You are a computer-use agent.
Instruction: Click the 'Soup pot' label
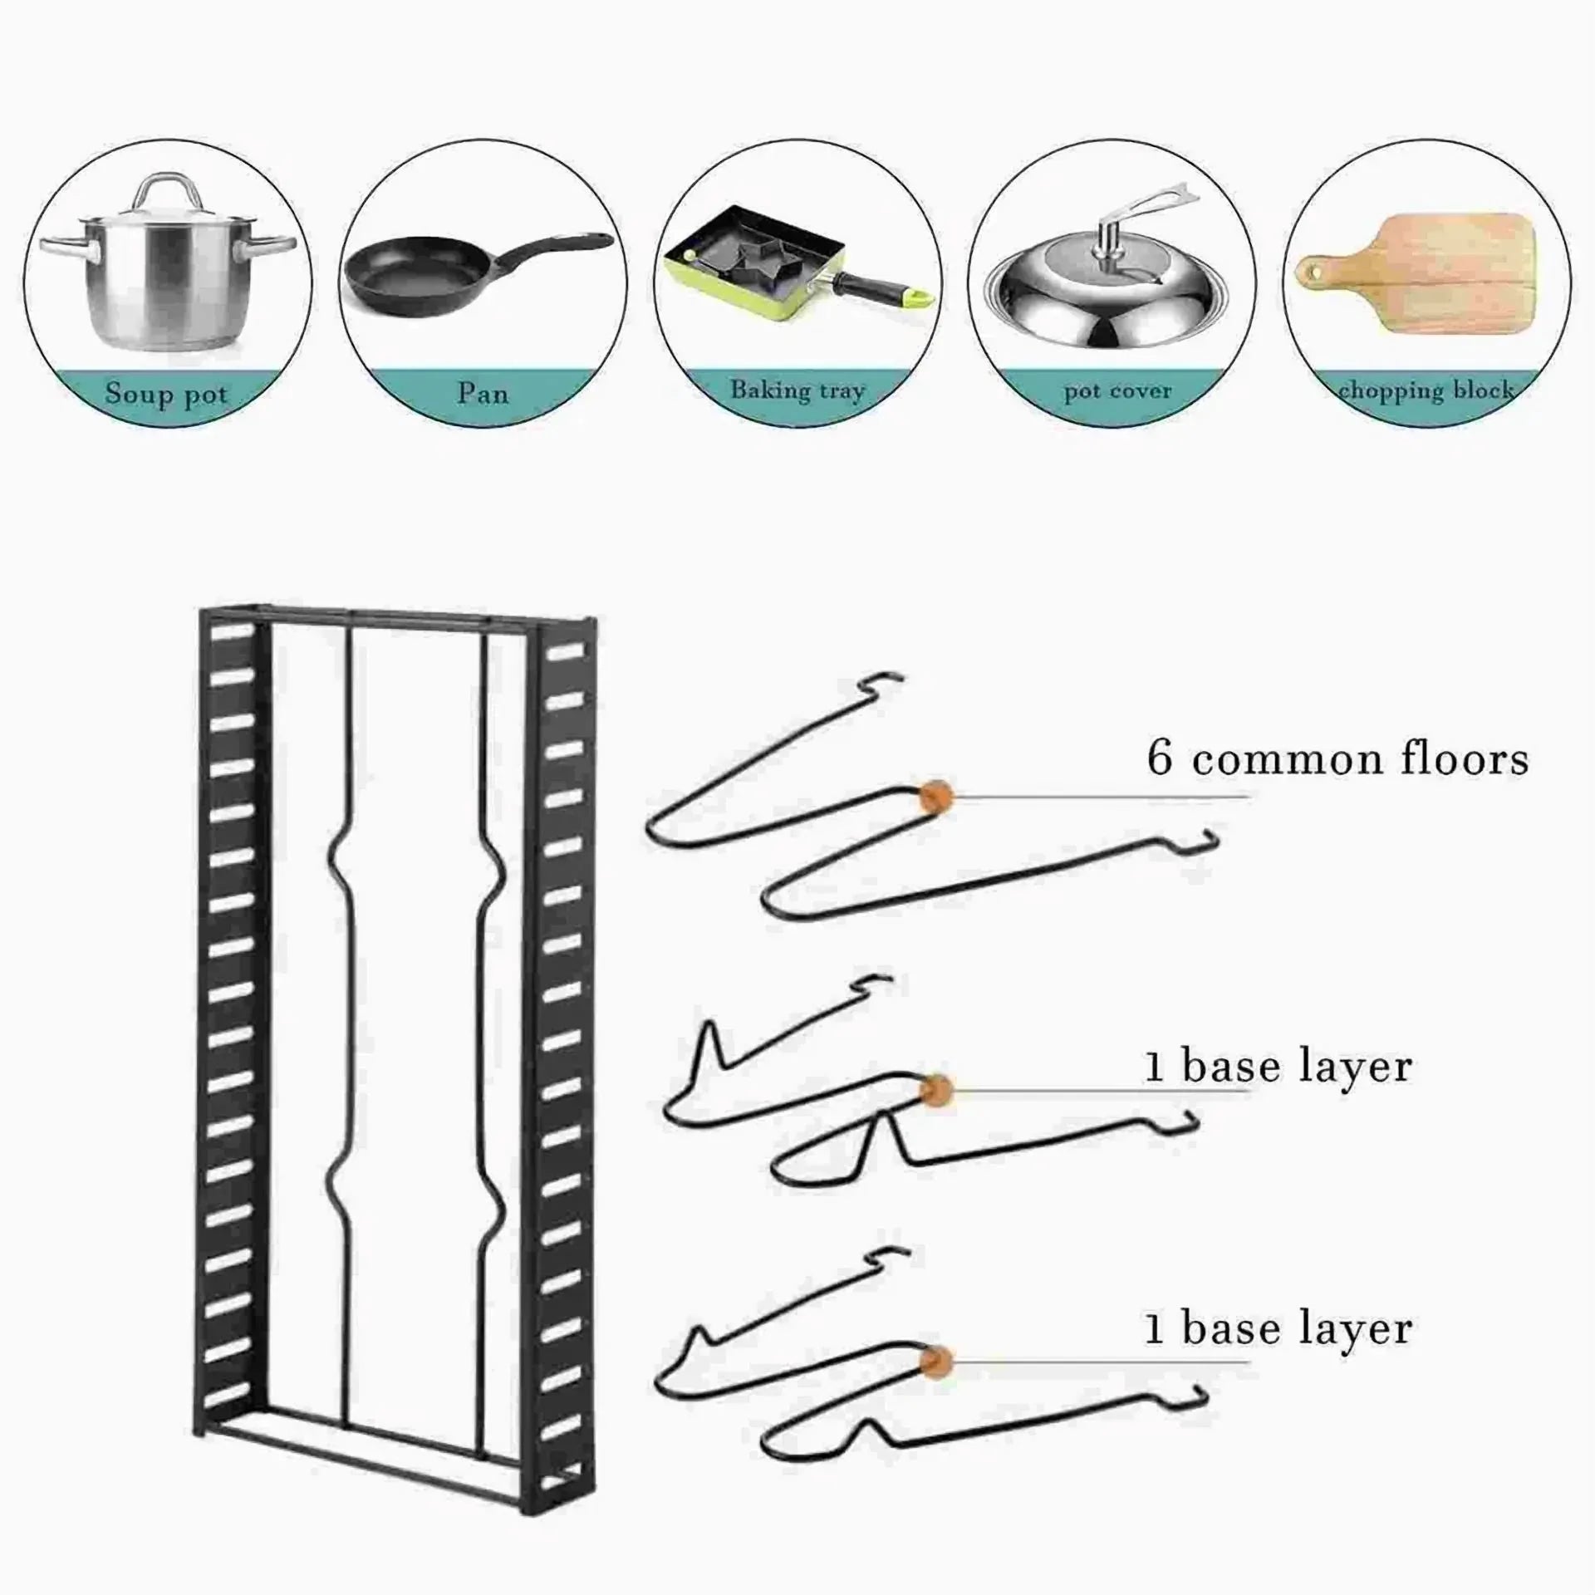(x=166, y=392)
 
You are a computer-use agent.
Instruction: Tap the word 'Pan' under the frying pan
(x=483, y=391)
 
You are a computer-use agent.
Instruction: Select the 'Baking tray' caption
(x=797, y=390)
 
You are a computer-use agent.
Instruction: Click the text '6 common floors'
(x=1338, y=759)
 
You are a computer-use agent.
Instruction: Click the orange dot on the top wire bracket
(x=936, y=796)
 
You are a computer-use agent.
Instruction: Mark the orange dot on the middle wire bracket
(x=936, y=1089)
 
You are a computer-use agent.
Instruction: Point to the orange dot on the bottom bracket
(x=936, y=1361)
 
